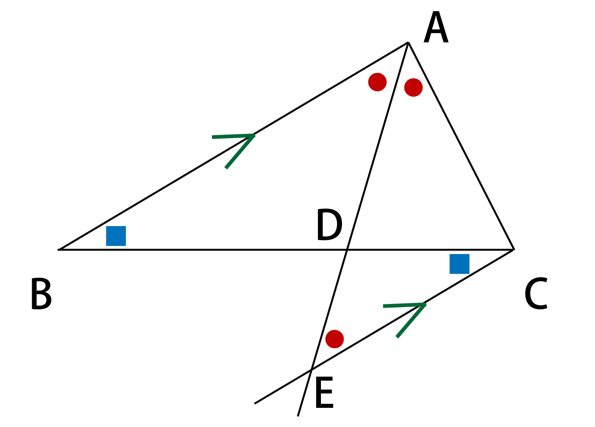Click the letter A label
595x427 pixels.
coord(436,27)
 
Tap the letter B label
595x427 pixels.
coord(41,294)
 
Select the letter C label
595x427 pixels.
coord(536,294)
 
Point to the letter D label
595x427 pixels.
coord(329,225)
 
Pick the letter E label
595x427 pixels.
coord(324,393)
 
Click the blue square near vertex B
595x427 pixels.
coord(116,236)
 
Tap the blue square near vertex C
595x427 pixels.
coord(460,264)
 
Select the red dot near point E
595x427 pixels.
coord(335,339)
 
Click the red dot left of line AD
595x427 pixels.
coord(377,82)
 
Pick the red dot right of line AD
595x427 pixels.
coord(413,87)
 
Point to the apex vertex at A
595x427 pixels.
coord(408,42)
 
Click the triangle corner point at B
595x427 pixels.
coord(59,250)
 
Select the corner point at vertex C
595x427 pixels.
coord(514,249)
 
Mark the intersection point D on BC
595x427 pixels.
coord(347,250)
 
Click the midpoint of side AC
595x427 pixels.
coord(461,146)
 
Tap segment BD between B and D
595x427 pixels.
coord(203,250)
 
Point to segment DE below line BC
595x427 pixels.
coord(329,309)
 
